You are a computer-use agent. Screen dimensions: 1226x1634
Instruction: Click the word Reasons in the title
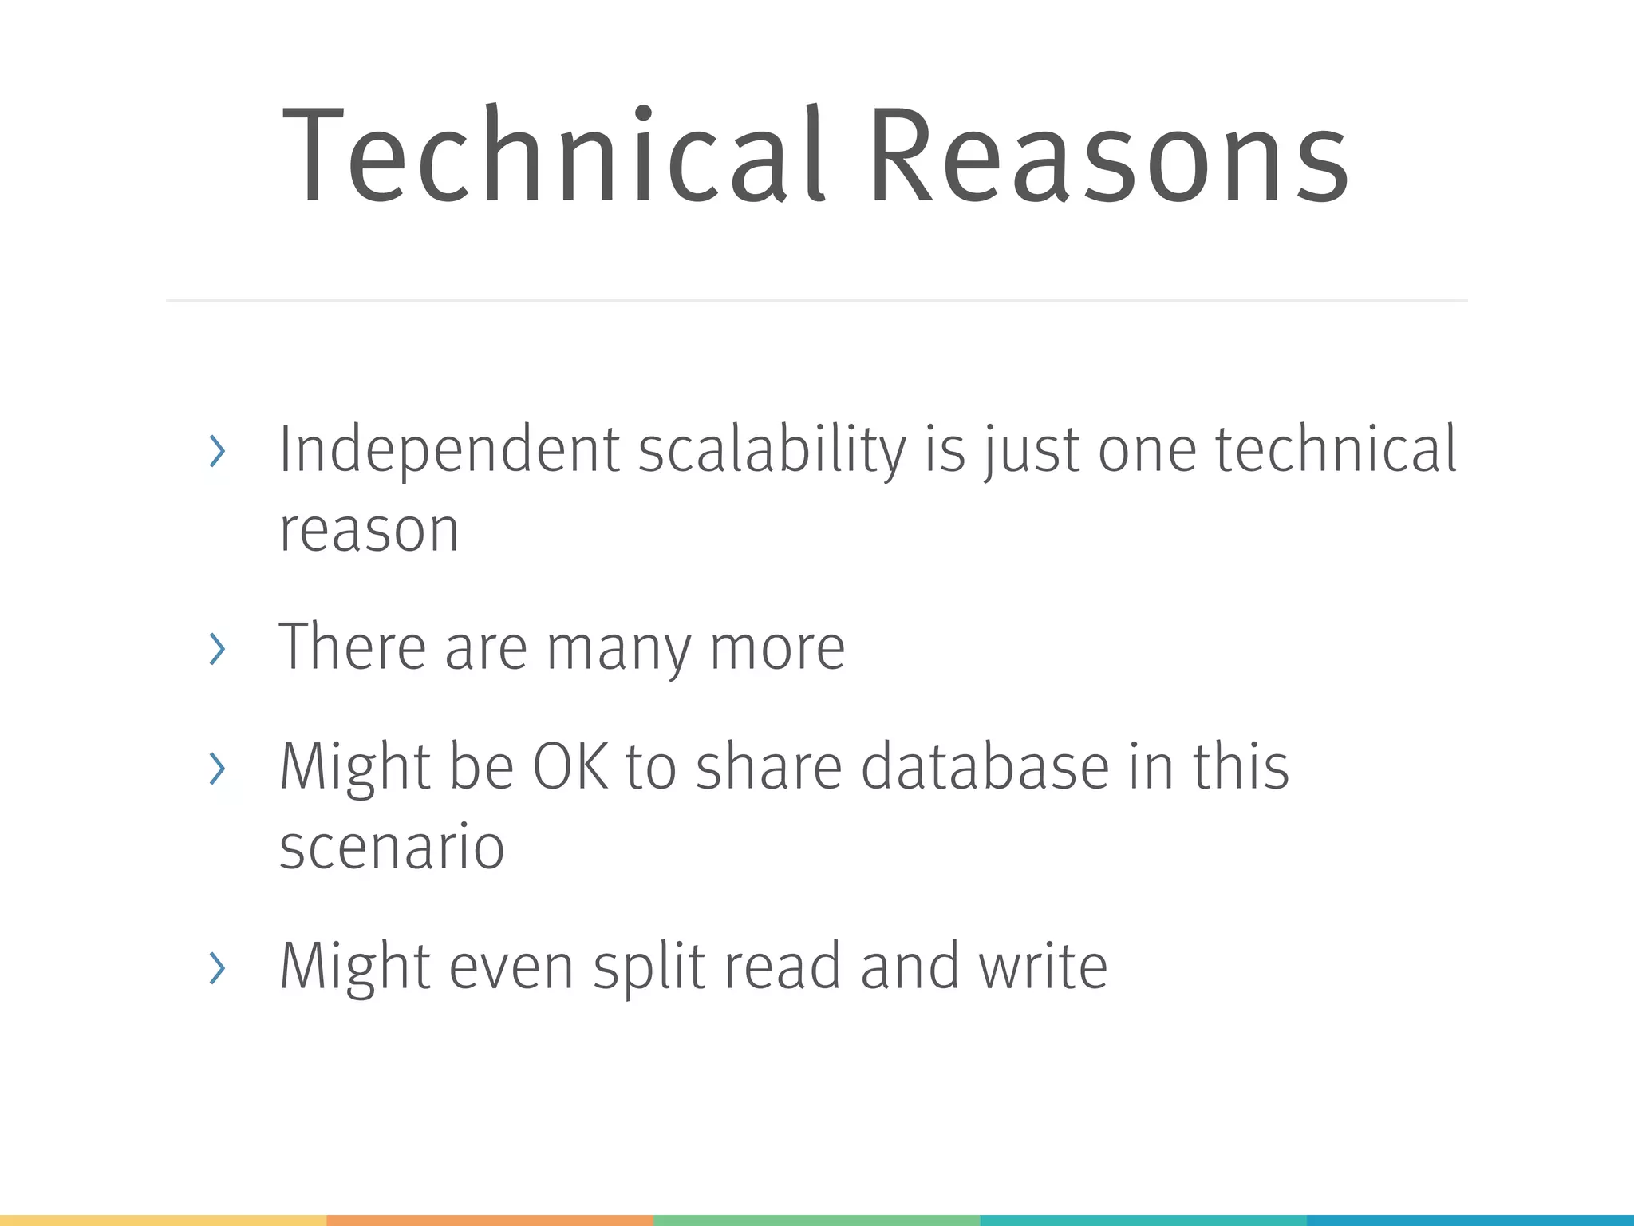point(1109,156)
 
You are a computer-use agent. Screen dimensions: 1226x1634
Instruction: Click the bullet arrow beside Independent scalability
point(216,452)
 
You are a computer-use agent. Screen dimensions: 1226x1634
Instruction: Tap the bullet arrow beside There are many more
point(216,649)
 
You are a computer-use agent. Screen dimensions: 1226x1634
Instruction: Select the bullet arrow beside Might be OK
point(216,769)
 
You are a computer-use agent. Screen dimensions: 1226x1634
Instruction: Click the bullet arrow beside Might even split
point(216,967)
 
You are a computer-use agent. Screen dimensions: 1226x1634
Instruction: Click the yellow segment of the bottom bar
point(163,1220)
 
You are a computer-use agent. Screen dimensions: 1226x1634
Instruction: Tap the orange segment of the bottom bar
point(490,1220)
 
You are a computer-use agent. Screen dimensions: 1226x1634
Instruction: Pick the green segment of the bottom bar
point(816,1220)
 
